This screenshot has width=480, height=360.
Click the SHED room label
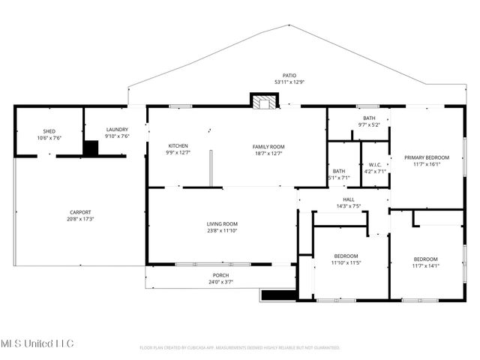coord(49,130)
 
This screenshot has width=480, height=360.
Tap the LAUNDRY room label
coord(116,130)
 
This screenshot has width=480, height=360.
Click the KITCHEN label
coord(178,145)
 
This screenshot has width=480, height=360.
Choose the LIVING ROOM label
coord(222,223)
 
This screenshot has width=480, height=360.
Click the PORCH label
coord(220,275)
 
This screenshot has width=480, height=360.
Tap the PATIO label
coord(289,76)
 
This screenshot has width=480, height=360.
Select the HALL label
coord(349,199)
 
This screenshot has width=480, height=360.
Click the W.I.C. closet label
coord(373,164)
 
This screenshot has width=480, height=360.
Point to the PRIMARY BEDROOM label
coord(427,157)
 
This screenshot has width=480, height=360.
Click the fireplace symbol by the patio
coord(263,101)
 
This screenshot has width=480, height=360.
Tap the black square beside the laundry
coord(91,148)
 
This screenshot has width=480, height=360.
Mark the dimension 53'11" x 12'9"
coord(289,82)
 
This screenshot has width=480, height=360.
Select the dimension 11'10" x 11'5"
coord(346,263)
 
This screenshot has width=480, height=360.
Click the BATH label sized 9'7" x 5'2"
coord(369,118)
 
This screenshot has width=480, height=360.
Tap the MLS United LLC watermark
coord(37,343)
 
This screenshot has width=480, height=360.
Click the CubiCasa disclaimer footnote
coord(240,347)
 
